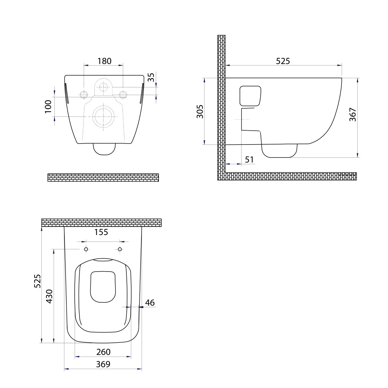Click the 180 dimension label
pos(104,61)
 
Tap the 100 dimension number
pos(48,106)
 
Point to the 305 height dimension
pos(200,111)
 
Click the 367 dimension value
pos(353,114)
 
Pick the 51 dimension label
pos(249,159)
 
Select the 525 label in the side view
pos(283,61)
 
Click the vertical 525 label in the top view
pos(38,281)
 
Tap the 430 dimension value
pos(49,296)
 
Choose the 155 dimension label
pos(101,232)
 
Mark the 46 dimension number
pos(150,303)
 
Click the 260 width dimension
pos(103,352)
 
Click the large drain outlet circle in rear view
pos(103,116)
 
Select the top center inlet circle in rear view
pos(103,87)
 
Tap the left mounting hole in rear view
pos(83,94)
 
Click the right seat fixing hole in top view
pos(120,249)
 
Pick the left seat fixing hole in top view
pos(86,249)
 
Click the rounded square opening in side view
pos(250,96)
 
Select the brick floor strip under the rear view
pos(103,178)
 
